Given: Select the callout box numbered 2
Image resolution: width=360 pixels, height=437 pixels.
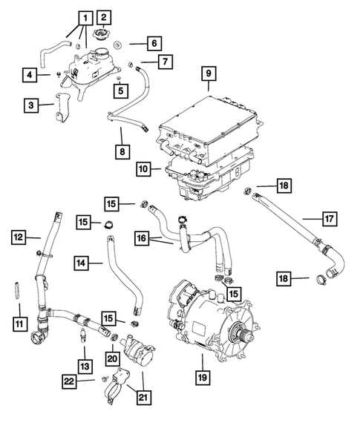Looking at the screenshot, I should point(103,17).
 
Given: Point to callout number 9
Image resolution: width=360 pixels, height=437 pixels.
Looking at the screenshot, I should point(209,73).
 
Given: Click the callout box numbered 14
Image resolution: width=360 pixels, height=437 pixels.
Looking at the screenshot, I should point(82,263).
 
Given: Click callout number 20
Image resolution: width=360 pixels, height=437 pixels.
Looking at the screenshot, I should point(113,358).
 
